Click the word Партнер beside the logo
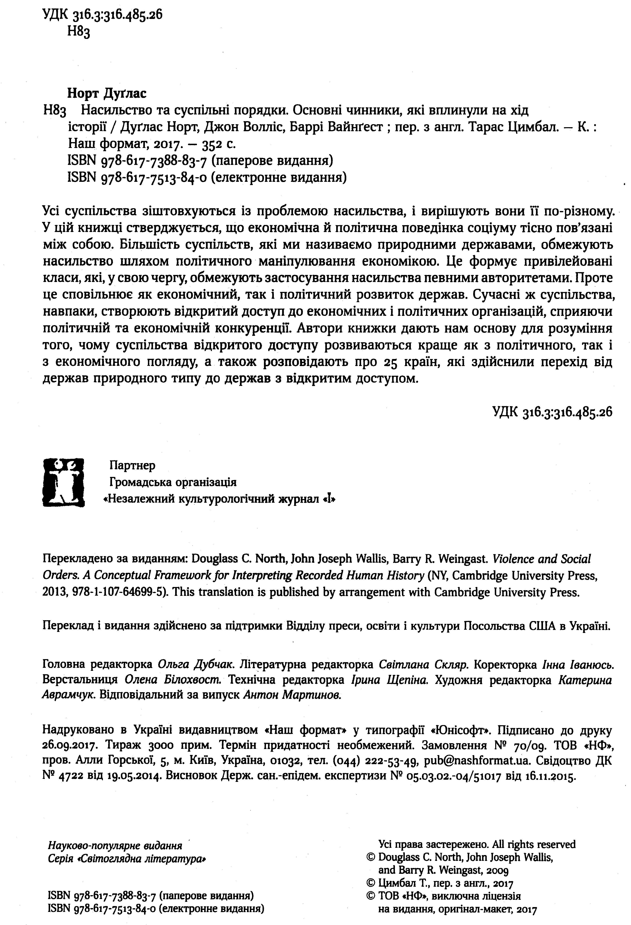[x=132, y=465]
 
